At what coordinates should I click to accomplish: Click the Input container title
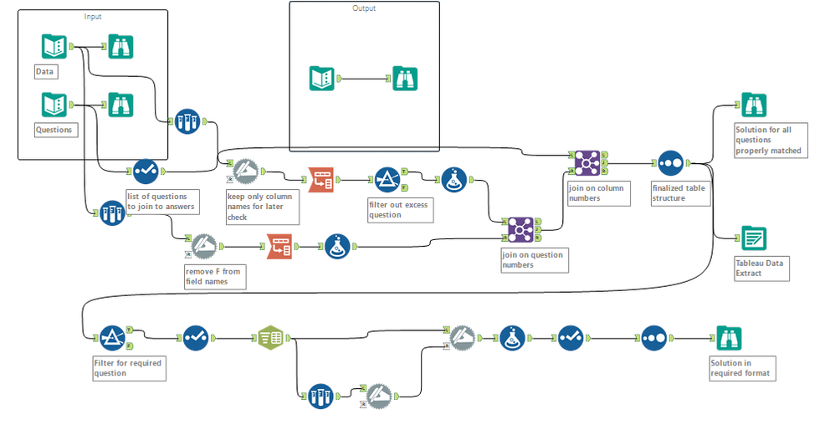click(x=93, y=17)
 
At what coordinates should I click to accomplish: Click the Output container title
click(x=364, y=8)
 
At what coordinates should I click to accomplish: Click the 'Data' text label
click(x=44, y=72)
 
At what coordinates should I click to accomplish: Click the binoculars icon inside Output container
click(x=406, y=79)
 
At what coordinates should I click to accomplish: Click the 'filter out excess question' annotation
click(x=399, y=209)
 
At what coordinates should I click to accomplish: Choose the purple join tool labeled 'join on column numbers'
click(x=587, y=162)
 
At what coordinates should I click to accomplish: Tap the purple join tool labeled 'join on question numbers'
click(x=520, y=228)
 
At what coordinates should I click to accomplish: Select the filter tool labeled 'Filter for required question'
click(x=112, y=338)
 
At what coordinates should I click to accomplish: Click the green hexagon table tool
click(x=269, y=338)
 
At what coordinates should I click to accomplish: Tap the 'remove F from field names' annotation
click(x=213, y=276)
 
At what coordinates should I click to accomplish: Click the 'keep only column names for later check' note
click(x=260, y=206)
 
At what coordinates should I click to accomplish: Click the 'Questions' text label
click(x=54, y=130)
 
